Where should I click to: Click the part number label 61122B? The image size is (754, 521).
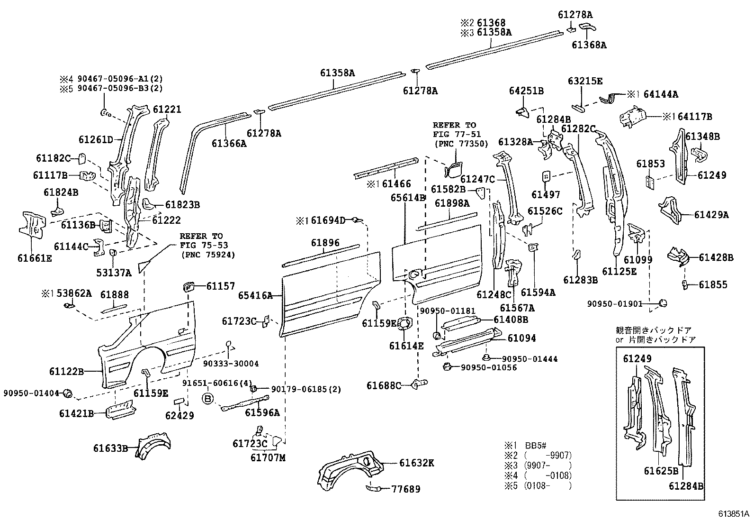coord(66,371)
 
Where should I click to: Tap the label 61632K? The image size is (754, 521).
coord(416,463)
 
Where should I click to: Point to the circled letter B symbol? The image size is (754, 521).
coord(208,399)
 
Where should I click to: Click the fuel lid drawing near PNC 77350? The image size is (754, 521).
coord(454,168)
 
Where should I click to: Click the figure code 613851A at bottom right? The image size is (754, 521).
coord(733,513)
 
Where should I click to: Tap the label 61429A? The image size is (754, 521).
coord(711,215)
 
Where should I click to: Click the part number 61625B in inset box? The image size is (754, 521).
coord(661,471)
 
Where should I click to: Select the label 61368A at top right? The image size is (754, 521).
coord(589,45)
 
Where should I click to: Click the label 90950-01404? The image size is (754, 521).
coord(31,393)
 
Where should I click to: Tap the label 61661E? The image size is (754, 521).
coord(35,258)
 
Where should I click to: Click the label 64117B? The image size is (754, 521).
coord(691,116)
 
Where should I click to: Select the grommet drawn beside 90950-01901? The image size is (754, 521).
coord(664,302)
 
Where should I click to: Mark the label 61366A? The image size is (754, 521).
coord(229,143)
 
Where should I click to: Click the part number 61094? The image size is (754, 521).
coord(521,338)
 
